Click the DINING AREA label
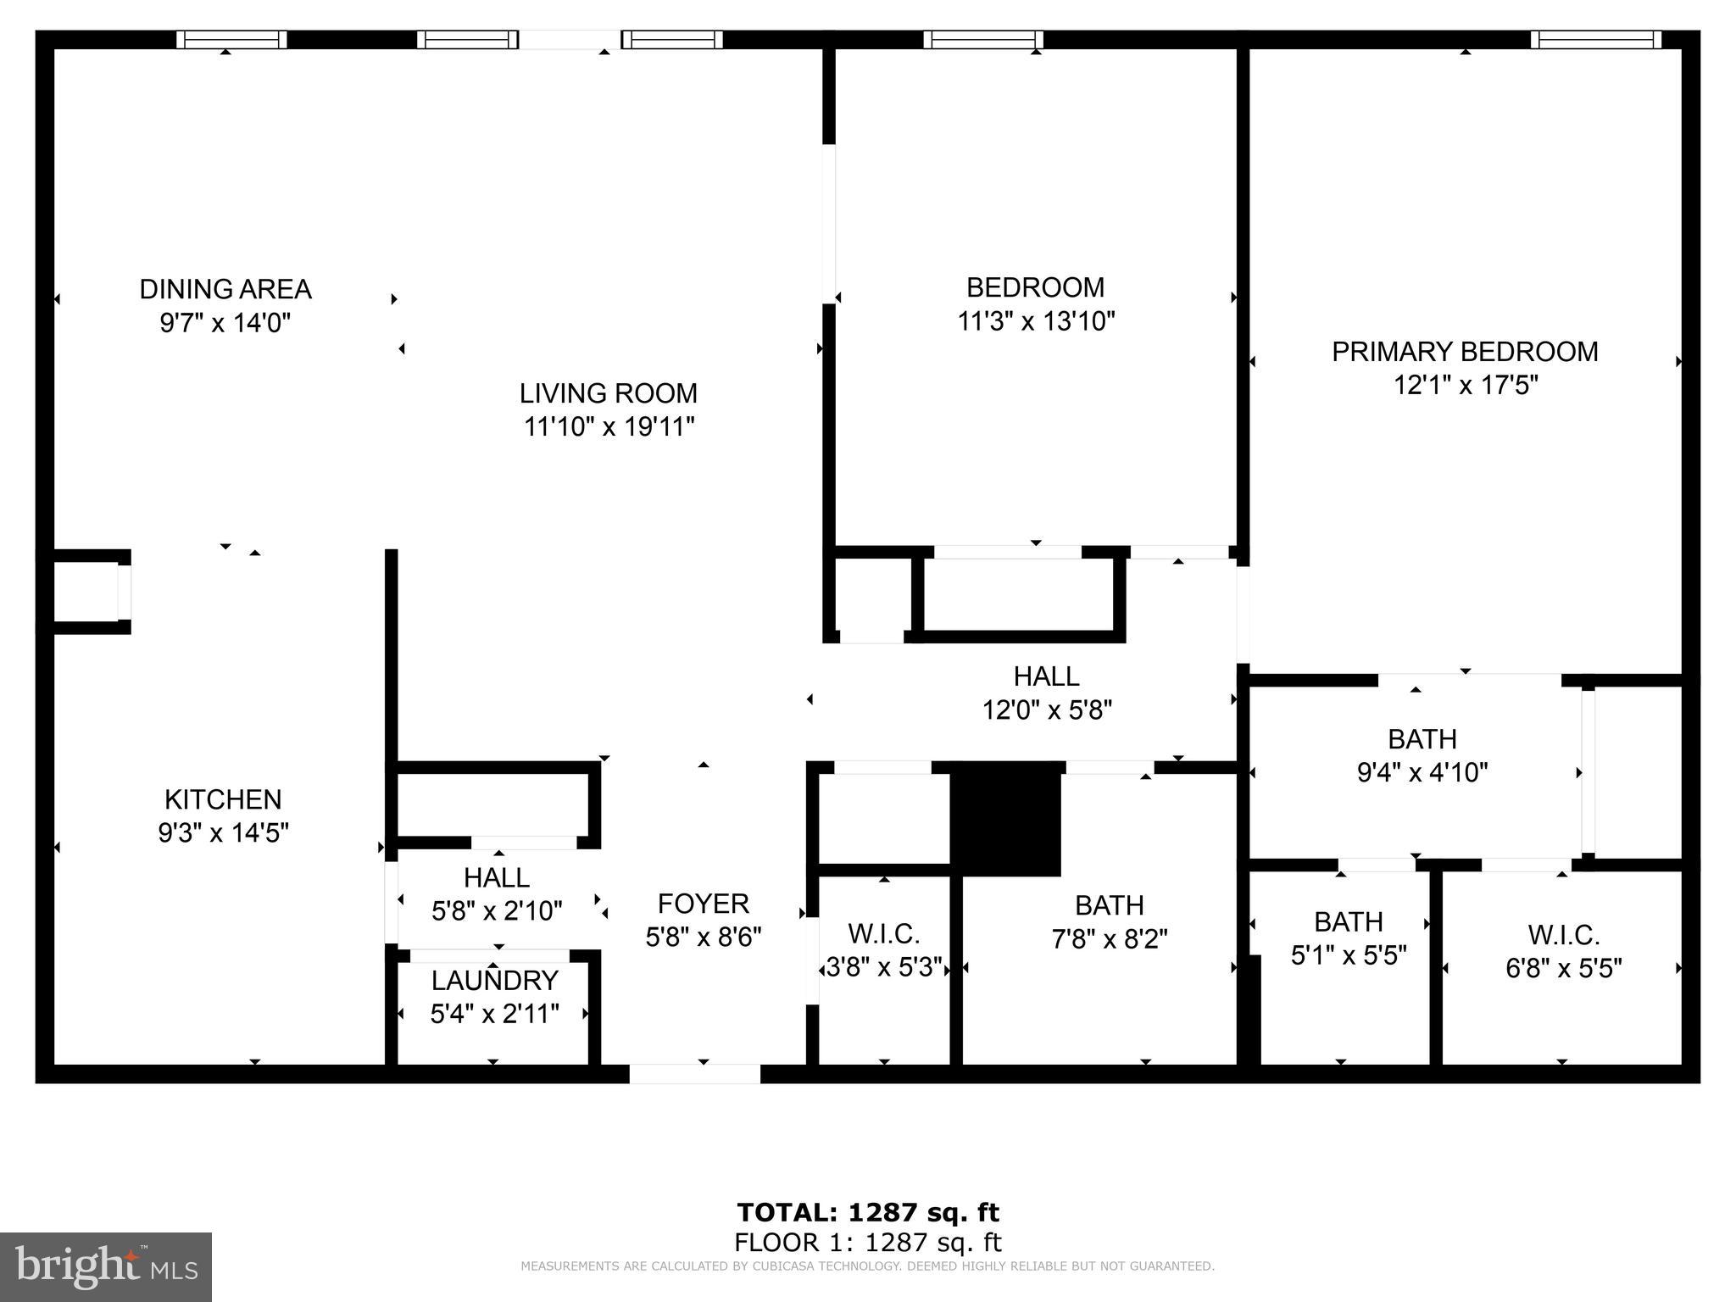(x=225, y=289)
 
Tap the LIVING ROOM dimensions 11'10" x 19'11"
(x=609, y=426)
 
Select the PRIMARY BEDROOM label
(x=1464, y=352)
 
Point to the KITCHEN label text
(x=223, y=799)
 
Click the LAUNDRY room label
(x=494, y=981)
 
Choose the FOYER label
(x=703, y=904)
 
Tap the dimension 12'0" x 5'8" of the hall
(x=1047, y=709)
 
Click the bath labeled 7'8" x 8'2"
(x=1109, y=922)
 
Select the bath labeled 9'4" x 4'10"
(x=1422, y=755)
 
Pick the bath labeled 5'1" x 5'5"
(x=1348, y=938)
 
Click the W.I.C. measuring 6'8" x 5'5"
(x=1563, y=951)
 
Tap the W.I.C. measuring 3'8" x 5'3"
(x=883, y=950)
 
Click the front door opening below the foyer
(x=694, y=1074)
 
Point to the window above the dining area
(x=231, y=39)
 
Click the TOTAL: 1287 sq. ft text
(x=867, y=1212)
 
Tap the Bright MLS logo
(x=106, y=1266)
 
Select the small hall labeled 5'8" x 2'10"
(x=497, y=894)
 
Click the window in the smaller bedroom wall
(x=982, y=39)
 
